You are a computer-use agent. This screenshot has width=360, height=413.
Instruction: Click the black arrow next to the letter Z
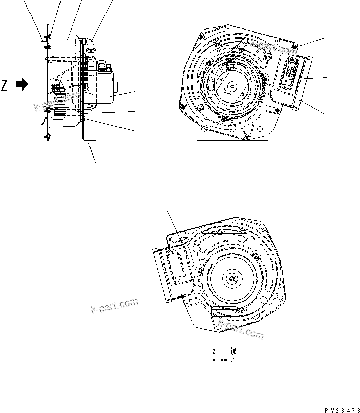coord(22,85)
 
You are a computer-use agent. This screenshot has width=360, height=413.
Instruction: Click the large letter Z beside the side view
coord(5,85)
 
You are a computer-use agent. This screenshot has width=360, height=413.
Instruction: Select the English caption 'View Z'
coord(224,360)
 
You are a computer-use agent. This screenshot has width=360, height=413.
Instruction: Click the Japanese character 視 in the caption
coord(233,351)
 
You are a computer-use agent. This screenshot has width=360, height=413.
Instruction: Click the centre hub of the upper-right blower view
coord(232,87)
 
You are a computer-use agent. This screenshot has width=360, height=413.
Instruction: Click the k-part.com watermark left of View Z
coord(114,306)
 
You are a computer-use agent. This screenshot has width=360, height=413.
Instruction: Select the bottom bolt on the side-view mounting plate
coord(48,136)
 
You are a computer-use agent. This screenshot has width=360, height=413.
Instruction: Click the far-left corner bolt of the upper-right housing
coord(182,107)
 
